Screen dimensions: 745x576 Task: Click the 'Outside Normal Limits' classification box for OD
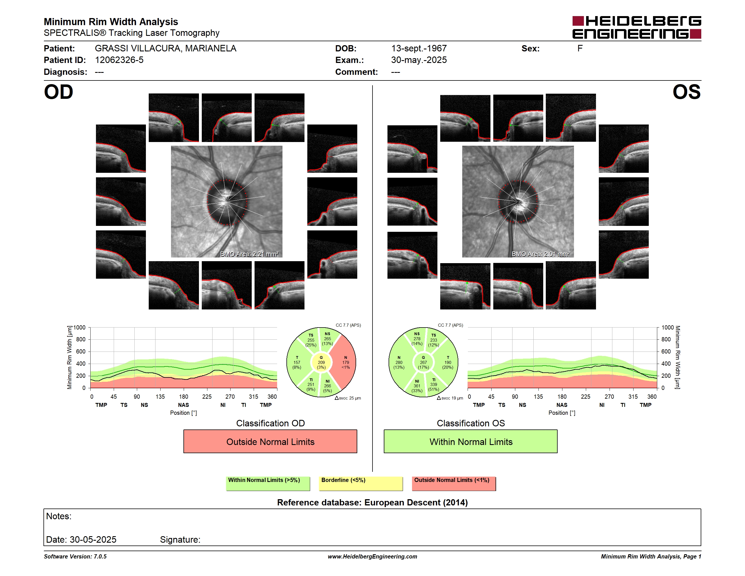point(270,441)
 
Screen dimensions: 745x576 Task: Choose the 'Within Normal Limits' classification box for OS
point(471,441)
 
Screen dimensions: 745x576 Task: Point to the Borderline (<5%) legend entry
point(361,483)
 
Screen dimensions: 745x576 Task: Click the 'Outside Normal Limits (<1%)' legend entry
point(454,483)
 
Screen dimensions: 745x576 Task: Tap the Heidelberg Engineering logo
point(637,27)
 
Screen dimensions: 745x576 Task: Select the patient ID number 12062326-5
point(119,60)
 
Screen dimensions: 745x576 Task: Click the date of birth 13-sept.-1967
point(419,49)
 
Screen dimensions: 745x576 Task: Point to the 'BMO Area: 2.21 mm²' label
point(249,254)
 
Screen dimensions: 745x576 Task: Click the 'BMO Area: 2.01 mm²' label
point(541,254)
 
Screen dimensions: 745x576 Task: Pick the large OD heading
point(58,92)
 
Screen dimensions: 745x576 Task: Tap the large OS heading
point(686,92)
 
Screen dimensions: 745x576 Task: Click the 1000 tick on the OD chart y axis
point(79,328)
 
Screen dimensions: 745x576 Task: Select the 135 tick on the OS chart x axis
point(538,396)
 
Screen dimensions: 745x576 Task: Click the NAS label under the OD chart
point(183,405)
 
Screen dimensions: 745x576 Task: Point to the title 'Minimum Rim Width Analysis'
point(111,22)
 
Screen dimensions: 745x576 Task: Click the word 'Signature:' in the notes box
point(180,540)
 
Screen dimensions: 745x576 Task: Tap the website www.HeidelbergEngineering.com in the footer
point(373,557)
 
